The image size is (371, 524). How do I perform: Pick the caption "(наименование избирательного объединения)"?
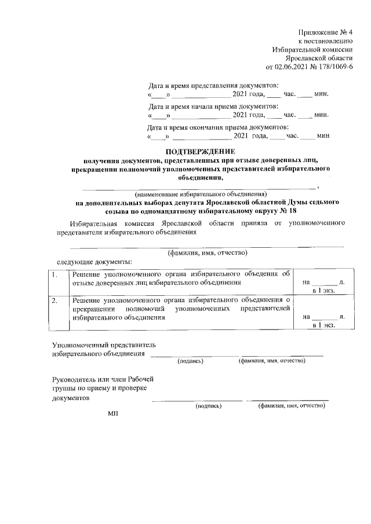(x=200, y=193)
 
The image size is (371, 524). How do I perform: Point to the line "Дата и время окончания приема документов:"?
(x=218, y=127)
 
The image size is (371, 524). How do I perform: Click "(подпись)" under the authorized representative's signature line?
(x=190, y=361)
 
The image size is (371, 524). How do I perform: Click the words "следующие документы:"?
(x=89, y=262)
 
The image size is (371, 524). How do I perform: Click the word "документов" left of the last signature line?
(x=71, y=398)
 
